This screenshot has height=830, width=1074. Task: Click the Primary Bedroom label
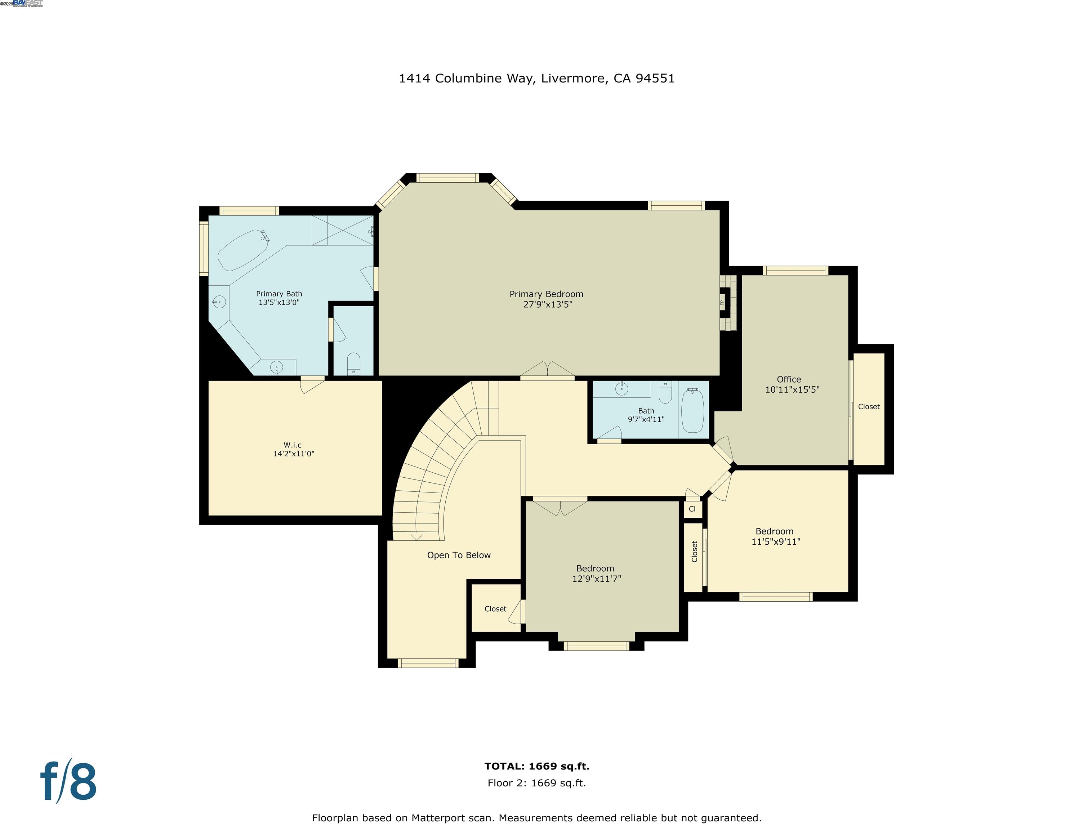click(546, 294)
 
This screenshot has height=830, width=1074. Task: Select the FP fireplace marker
click(722, 302)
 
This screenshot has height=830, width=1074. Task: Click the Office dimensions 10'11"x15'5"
click(792, 389)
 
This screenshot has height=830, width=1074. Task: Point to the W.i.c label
click(292, 445)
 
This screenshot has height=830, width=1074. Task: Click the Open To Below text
click(458, 555)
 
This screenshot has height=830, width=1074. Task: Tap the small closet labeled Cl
click(692, 509)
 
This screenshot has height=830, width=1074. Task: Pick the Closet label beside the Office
click(868, 407)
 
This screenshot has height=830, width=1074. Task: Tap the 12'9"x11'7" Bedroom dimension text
click(596, 579)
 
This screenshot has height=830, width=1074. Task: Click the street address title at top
click(536, 78)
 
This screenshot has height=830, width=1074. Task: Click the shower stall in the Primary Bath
click(343, 230)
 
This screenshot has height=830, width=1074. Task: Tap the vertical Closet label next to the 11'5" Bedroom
click(694, 551)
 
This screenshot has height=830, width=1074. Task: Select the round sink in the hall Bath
click(622, 389)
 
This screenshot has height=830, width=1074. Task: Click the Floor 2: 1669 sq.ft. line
click(536, 783)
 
